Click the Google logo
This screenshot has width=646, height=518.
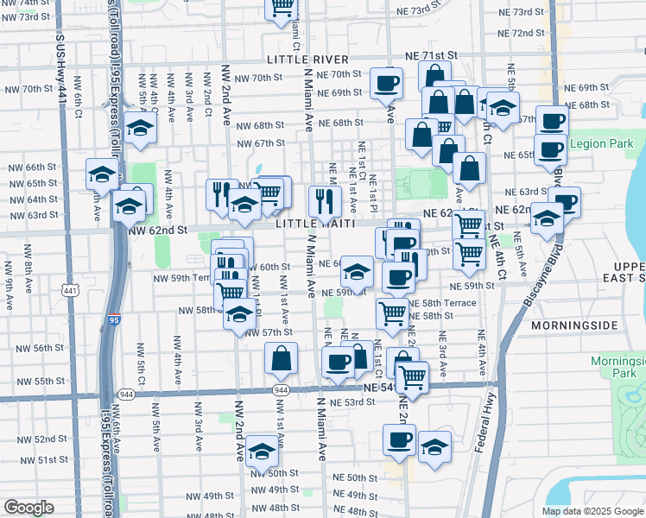28,508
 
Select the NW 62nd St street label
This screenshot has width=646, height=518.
157,231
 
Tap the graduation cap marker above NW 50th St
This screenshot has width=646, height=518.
263,450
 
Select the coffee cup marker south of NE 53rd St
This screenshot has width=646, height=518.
400,439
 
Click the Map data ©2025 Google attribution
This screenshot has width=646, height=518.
592,511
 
